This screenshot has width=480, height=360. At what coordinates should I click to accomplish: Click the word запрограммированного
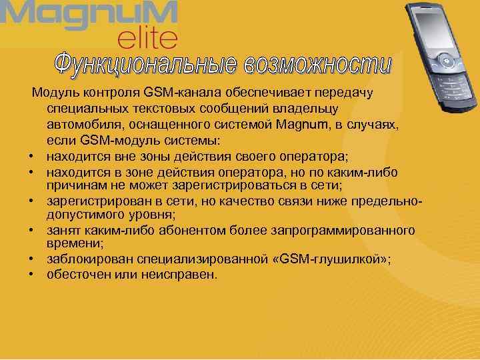click(x=349, y=230)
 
